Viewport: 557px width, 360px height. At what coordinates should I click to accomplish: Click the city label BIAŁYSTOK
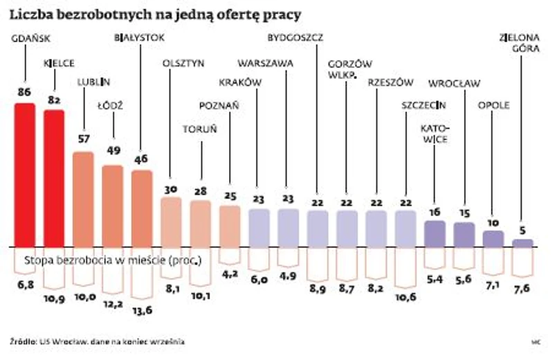[139, 38]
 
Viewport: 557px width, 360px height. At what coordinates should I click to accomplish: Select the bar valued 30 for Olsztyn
[170, 222]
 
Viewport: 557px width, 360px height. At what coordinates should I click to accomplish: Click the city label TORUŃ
[200, 129]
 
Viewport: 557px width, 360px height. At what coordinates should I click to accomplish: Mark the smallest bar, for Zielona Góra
[522, 243]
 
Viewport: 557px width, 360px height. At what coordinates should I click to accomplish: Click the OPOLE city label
[493, 105]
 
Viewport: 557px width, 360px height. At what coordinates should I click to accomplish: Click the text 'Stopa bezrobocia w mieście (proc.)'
[113, 261]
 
